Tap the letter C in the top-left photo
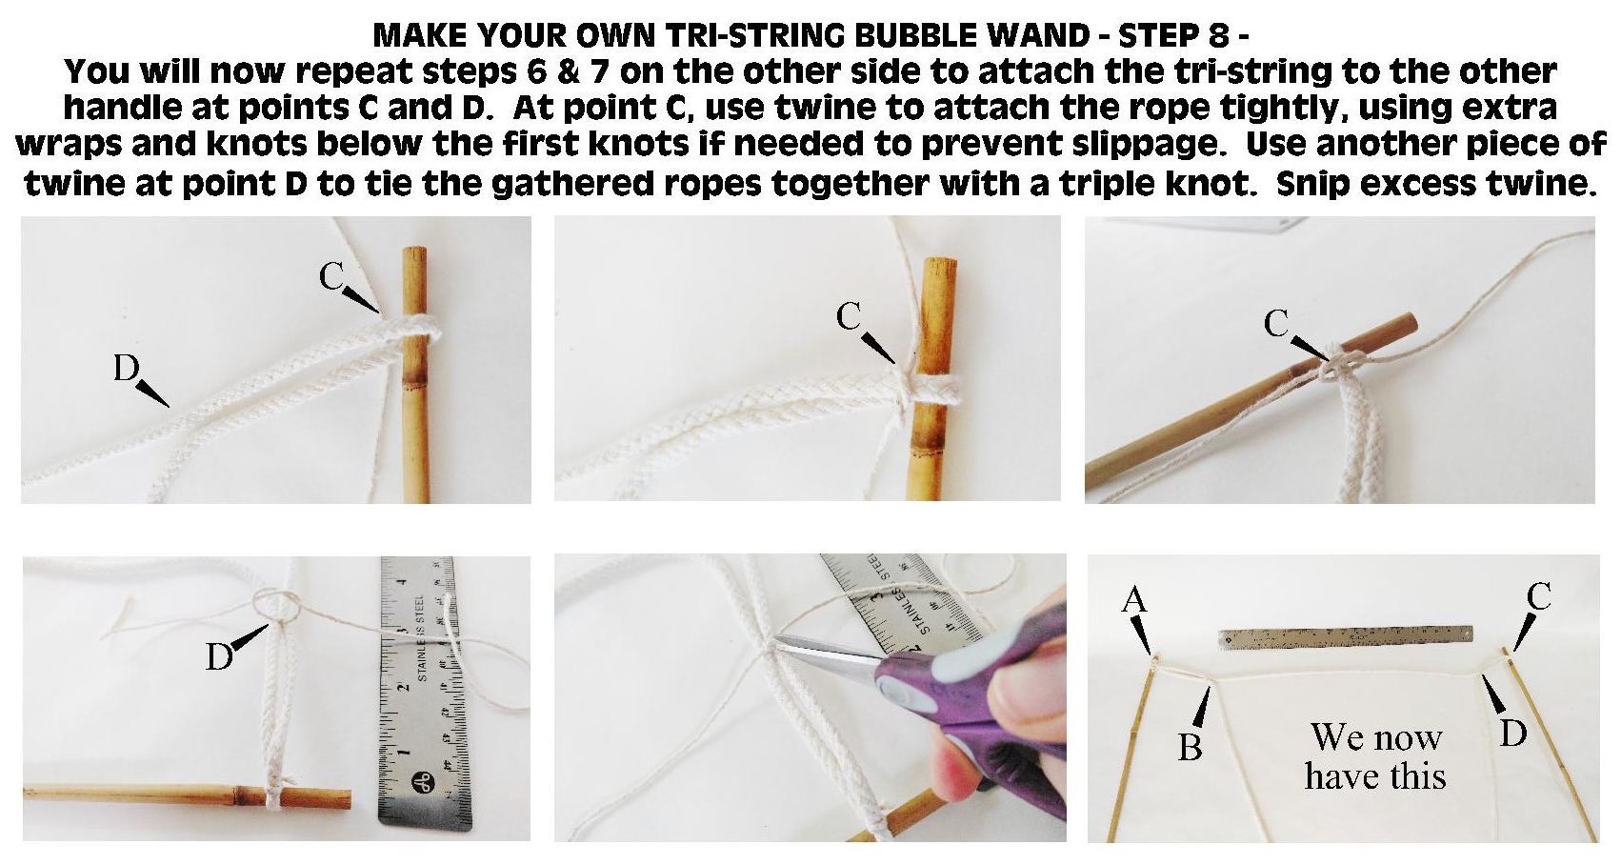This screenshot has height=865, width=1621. pos(331,276)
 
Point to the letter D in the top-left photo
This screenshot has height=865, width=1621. pos(126,368)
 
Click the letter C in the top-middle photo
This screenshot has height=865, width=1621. pos(849,316)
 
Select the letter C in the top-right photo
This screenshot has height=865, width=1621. pos(1276,325)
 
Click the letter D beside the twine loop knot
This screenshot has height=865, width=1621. pos(219,656)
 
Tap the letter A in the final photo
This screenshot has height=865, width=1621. pos(1133,599)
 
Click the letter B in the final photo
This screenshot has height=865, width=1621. pos(1190,748)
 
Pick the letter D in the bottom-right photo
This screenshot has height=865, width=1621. pos(1513,734)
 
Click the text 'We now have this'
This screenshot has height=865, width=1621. pos(1375,756)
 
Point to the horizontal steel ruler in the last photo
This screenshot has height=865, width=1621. pos(1345,637)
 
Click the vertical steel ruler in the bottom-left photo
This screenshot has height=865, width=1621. pos(425,691)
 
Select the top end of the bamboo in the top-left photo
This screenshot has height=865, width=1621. pos(414,253)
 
